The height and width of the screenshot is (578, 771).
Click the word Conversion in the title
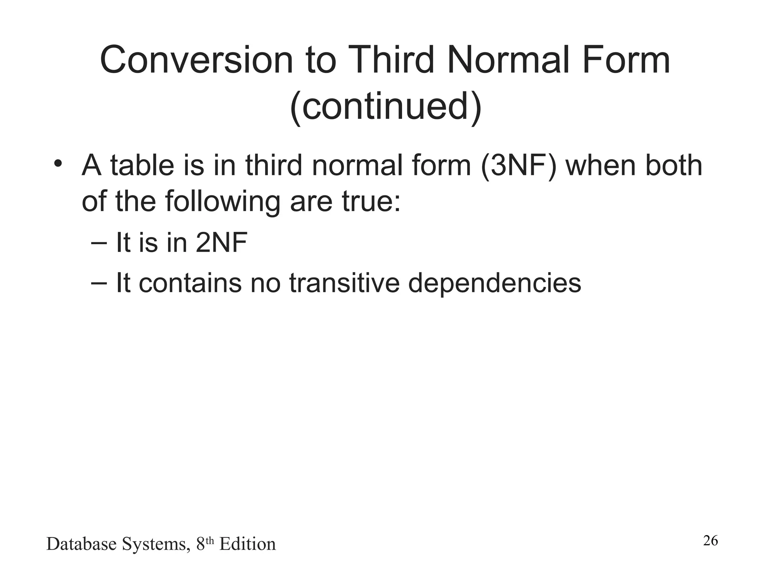coord(196,60)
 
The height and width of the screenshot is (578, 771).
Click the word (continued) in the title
coord(386,107)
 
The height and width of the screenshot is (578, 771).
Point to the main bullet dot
coord(57,164)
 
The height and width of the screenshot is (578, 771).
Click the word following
coord(222,201)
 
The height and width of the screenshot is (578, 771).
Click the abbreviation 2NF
coord(221,243)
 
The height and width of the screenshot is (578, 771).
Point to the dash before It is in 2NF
coord(99,243)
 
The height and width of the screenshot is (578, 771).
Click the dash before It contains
coord(99,283)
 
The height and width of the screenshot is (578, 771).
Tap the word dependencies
coord(495,283)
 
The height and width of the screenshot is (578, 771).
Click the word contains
coord(190,283)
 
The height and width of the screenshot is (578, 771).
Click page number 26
coord(710,541)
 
